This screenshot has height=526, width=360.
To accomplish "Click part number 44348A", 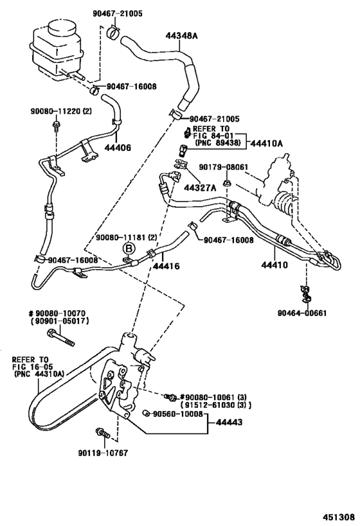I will tap(183, 36).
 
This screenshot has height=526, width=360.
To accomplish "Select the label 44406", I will tap(118, 148).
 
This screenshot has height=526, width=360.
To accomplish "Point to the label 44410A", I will tap(267, 143).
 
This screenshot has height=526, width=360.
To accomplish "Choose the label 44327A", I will tap(199, 188).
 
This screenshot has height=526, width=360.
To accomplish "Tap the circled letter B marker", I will tap(128, 248).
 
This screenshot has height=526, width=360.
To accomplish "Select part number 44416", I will tap(165, 265).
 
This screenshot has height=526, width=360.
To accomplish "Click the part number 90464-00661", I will tap(303, 313).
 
